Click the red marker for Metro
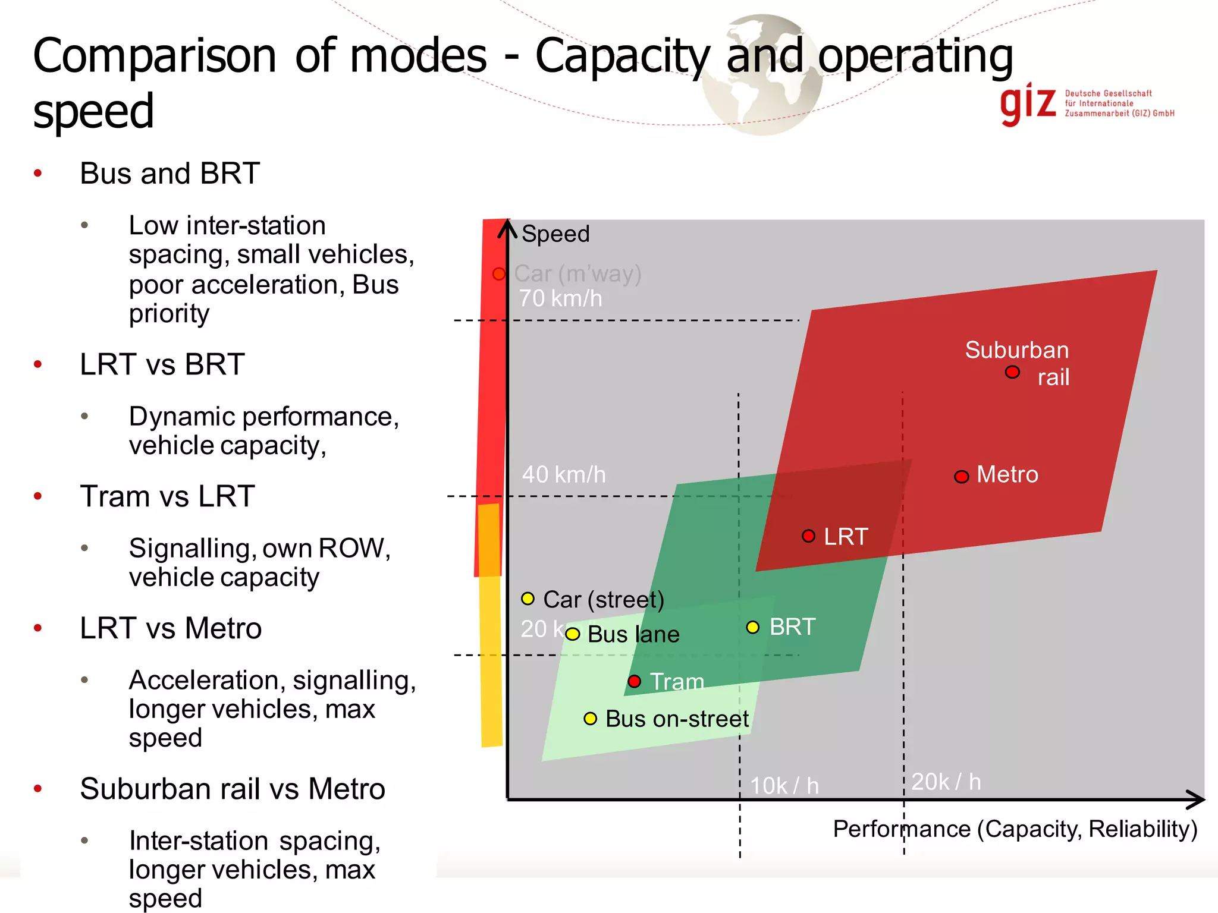(x=961, y=477)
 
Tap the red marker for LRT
(x=808, y=536)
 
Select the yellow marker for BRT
(x=753, y=627)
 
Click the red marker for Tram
(x=635, y=681)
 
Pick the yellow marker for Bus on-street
(x=590, y=719)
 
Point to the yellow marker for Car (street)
(x=528, y=599)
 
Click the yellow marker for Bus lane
(x=572, y=634)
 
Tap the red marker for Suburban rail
(x=1012, y=372)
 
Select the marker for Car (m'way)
(x=499, y=274)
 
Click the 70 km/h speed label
(x=560, y=298)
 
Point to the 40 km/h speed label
(x=564, y=475)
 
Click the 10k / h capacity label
(x=784, y=786)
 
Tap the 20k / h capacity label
(x=946, y=782)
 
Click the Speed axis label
(x=555, y=234)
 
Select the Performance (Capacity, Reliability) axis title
(x=1015, y=829)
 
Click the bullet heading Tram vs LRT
(x=168, y=496)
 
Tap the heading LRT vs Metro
(x=171, y=628)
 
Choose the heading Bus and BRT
(x=170, y=174)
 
